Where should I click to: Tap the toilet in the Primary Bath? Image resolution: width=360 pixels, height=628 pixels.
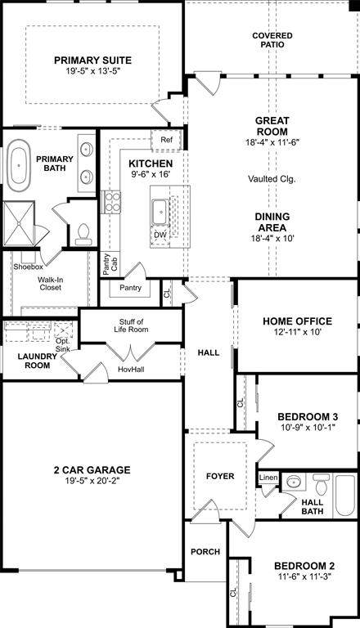click(83, 235)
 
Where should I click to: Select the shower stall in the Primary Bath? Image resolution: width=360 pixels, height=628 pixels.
click(19, 224)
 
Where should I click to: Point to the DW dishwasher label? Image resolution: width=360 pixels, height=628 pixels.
click(160, 235)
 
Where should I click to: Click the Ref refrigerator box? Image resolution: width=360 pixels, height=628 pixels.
click(166, 140)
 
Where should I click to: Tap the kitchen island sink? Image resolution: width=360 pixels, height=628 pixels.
click(160, 212)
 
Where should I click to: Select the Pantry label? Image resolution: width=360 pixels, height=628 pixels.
click(130, 288)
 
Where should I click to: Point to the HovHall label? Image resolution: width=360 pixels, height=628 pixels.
click(131, 370)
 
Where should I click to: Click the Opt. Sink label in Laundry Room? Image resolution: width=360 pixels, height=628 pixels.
click(63, 345)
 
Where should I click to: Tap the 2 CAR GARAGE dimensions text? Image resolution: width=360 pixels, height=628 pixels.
click(92, 481)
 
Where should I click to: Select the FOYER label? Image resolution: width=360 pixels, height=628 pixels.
click(220, 476)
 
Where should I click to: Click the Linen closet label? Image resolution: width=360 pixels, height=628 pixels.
click(268, 478)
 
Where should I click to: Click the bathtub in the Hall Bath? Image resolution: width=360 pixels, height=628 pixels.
click(345, 495)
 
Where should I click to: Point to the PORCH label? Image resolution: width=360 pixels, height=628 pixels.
click(205, 552)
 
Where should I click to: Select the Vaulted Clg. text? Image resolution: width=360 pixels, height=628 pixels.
click(272, 179)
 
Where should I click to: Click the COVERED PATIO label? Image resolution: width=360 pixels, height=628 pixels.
click(272, 40)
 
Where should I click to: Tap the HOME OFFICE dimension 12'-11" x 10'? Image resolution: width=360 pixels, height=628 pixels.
click(297, 332)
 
